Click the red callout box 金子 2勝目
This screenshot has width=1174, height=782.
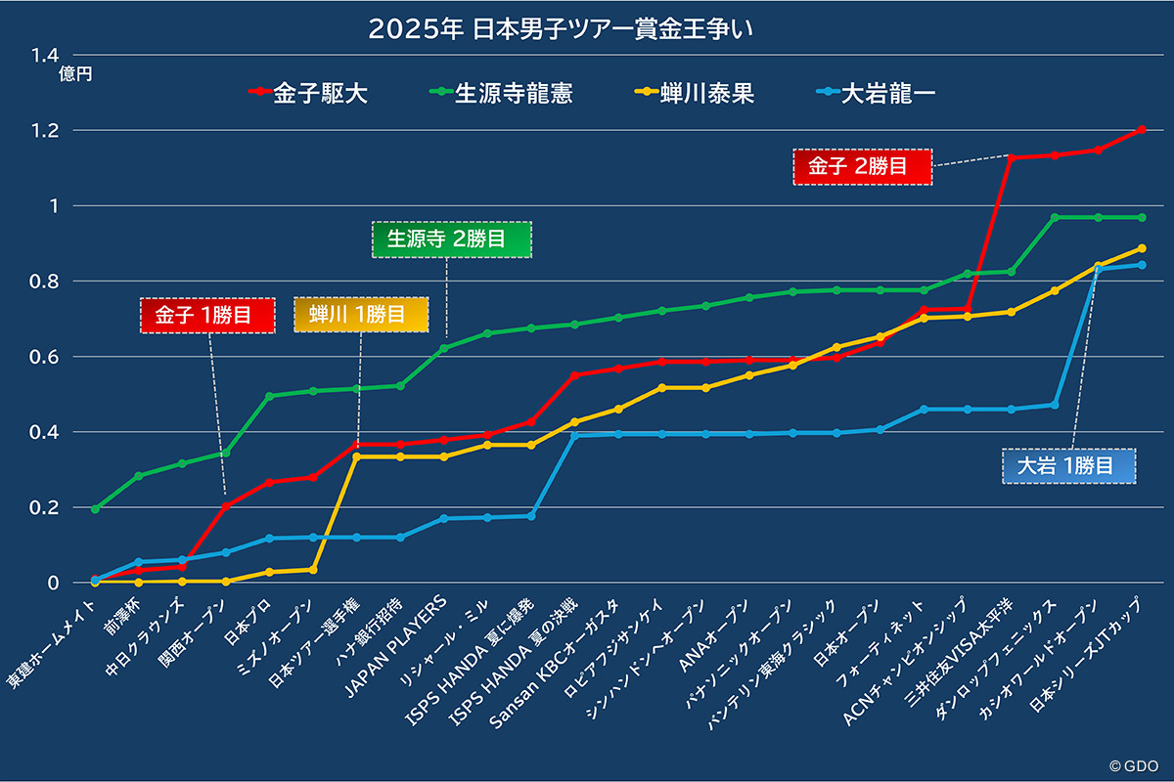pos(863,166)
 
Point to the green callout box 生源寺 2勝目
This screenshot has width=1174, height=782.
pos(451,239)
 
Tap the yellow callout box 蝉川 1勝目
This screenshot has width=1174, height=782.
pos(361,315)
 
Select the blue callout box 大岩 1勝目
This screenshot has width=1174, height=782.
pos(1069,466)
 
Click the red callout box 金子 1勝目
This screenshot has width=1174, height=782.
pos(207,315)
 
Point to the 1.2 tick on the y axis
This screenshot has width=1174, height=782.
pos(45,131)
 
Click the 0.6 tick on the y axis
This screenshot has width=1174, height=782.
pos(45,357)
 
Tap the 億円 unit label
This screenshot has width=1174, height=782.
pos(75,74)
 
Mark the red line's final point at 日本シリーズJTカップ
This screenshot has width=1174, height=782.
pos(1141,130)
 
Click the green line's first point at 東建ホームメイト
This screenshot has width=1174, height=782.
pos(95,509)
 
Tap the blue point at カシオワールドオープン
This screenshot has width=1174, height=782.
pos(1098,270)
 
